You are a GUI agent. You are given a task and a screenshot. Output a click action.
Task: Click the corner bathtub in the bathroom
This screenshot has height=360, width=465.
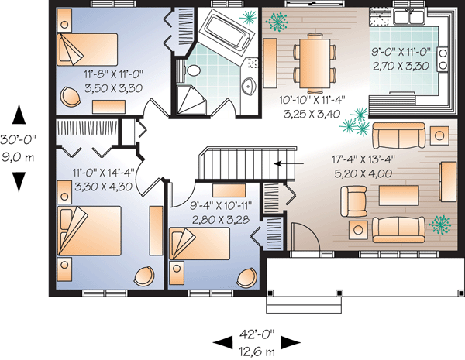(227, 32)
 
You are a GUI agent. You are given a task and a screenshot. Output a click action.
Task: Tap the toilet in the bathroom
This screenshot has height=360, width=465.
(192, 70)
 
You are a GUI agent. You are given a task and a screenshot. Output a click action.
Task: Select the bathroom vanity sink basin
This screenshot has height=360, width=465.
(249, 86)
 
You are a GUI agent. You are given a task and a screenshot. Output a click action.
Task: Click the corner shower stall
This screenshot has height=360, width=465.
(191, 100)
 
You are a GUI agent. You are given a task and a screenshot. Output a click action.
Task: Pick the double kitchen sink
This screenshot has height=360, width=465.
(409, 16)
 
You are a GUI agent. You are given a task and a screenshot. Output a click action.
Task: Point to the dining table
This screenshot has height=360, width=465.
(315, 63)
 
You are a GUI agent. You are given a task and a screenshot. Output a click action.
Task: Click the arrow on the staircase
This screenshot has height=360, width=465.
(288, 163)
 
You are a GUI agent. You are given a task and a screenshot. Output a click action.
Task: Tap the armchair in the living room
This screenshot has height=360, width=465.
(353, 201)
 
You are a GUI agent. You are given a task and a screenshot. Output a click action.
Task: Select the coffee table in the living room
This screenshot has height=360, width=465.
(399, 196)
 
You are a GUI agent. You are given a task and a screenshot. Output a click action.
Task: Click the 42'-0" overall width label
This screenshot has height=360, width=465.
(257, 334)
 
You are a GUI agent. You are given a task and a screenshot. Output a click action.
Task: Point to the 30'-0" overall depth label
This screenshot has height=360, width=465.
(18, 139)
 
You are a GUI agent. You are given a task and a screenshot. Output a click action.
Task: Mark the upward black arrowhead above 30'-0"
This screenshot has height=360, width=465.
(19, 114)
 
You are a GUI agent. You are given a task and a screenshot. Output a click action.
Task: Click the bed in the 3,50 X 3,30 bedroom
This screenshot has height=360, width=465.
(87, 50)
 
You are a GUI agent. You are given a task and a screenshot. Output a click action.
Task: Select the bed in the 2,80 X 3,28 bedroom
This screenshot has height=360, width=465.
(200, 244)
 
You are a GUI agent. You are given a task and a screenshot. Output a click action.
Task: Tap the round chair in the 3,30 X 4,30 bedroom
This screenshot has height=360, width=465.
(144, 276)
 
